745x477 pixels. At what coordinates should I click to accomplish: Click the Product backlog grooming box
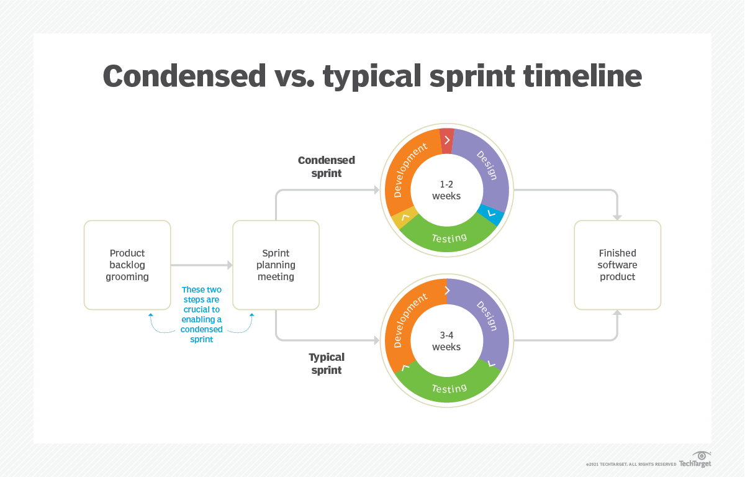click(127, 265)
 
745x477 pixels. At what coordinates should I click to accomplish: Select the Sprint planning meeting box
click(276, 265)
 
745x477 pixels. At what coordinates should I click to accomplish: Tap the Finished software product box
click(617, 265)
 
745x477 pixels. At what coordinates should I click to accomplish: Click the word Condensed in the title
click(184, 76)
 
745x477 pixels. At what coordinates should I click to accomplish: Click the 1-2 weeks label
click(446, 191)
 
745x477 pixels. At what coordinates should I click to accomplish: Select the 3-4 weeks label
click(446, 341)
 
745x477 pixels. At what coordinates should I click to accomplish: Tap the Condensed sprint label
click(327, 166)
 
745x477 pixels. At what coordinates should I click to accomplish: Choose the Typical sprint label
click(327, 363)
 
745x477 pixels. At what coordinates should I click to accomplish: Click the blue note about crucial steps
click(202, 314)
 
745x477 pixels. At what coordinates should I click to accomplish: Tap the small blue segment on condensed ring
click(491, 214)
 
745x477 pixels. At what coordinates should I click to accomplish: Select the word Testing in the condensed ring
click(449, 238)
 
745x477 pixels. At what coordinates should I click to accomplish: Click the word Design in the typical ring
click(487, 316)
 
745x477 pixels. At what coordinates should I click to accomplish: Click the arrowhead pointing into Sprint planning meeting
click(229, 265)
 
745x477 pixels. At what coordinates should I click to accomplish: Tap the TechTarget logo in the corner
click(695, 460)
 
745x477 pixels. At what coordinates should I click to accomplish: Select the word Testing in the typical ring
click(449, 388)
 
